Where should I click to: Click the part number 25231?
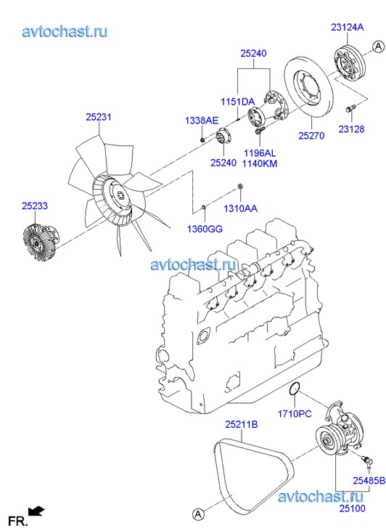click(98, 117)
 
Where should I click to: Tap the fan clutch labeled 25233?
click(40, 242)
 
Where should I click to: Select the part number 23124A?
click(348, 27)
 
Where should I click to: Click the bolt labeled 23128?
click(350, 109)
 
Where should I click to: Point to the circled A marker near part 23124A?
click(378, 46)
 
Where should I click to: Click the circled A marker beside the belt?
click(198, 514)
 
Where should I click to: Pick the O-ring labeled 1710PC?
click(295, 389)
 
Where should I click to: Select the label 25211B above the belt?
click(242, 424)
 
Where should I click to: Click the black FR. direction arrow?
click(36, 511)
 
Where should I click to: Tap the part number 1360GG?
click(205, 229)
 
